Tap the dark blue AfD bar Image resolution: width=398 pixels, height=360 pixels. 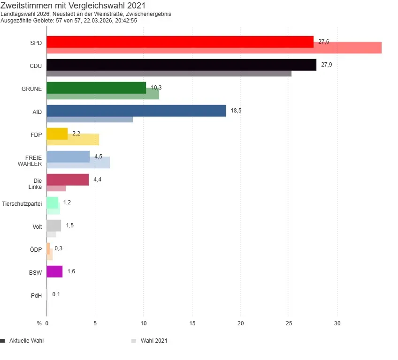click(136, 111)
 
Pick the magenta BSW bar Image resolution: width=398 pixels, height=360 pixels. click(54, 271)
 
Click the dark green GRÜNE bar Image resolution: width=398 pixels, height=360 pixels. click(96, 88)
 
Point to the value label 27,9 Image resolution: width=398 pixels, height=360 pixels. click(327, 65)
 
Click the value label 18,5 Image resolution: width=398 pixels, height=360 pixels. click(236, 111)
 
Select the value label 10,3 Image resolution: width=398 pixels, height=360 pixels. click(156, 88)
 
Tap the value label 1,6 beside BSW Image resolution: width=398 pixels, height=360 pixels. click(71, 271)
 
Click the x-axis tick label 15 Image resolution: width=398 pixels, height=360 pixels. click(192, 323)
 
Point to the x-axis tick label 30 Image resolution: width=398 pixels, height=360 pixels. click(337, 323)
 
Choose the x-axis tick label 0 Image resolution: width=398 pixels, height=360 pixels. click(47, 323)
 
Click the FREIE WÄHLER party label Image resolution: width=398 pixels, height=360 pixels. click(34, 161)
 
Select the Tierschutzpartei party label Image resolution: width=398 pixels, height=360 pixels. click(22, 204)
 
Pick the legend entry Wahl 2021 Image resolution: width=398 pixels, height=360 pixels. click(153, 341)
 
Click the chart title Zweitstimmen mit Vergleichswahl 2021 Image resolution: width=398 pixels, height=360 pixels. click(73, 6)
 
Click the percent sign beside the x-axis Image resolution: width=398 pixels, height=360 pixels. click(39, 323)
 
